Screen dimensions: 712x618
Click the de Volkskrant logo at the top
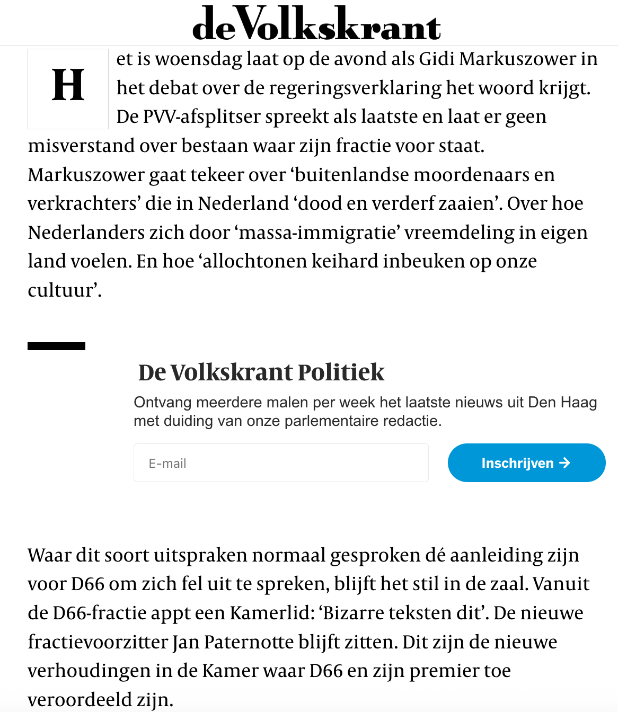pos(316,24)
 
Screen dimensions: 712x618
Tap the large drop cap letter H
pos(68,86)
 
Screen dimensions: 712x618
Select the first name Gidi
pos(436,59)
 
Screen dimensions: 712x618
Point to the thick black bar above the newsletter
pos(56,346)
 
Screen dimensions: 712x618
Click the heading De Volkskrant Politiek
pos(261,372)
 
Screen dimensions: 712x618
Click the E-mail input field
pos(281,463)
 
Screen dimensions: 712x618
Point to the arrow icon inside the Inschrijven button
pos(565,463)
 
